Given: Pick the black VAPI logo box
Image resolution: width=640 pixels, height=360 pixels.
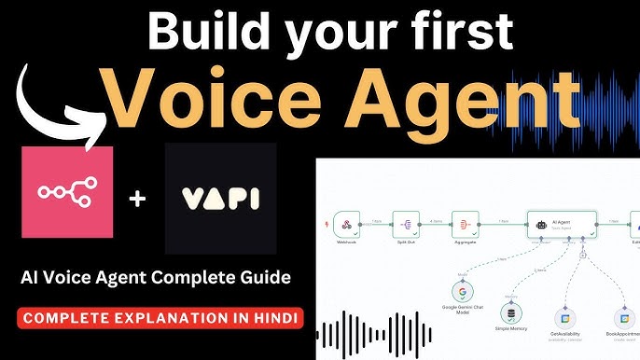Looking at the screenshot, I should [x=220, y=198].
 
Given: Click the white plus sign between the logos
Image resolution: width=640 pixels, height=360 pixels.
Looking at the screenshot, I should [x=138, y=199].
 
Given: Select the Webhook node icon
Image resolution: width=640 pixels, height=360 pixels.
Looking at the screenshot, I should [x=347, y=224].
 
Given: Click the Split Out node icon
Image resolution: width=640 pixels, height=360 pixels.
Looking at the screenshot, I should [x=406, y=224].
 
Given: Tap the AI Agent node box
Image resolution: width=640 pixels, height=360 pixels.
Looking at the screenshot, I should [x=561, y=224].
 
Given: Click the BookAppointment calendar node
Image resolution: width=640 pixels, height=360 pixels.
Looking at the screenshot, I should [x=622, y=318].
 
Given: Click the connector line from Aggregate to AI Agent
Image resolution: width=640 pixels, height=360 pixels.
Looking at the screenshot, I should [x=505, y=225].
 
